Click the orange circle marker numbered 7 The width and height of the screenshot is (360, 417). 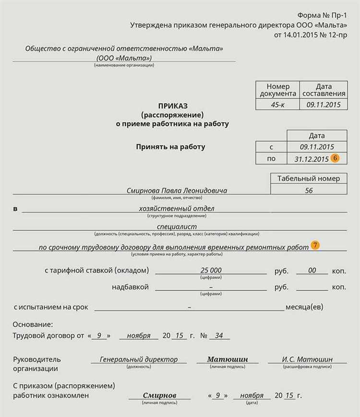coord(315,245)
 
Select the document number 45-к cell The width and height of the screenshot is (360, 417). coord(277,104)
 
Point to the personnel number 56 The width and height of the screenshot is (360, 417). coord(309,191)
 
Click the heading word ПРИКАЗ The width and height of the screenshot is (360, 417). coord(173,106)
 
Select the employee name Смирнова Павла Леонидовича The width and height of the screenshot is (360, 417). coord(177,191)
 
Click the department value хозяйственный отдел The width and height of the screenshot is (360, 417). coord(177,208)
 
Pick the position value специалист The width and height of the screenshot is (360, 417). coord(177,226)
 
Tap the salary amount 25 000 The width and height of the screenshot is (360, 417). coord(211,271)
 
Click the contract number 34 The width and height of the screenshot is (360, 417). coord(219,335)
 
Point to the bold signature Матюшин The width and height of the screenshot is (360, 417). coord(228,359)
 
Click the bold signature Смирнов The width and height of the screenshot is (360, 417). coord(159,395)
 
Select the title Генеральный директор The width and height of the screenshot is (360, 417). coord(139,359)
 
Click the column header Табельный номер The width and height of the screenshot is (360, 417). coord(309,179)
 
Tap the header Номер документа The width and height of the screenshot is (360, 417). coord(278,90)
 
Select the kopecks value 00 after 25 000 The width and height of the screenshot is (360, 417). coord(312,271)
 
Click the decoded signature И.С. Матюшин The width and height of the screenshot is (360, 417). coord(307,359)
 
